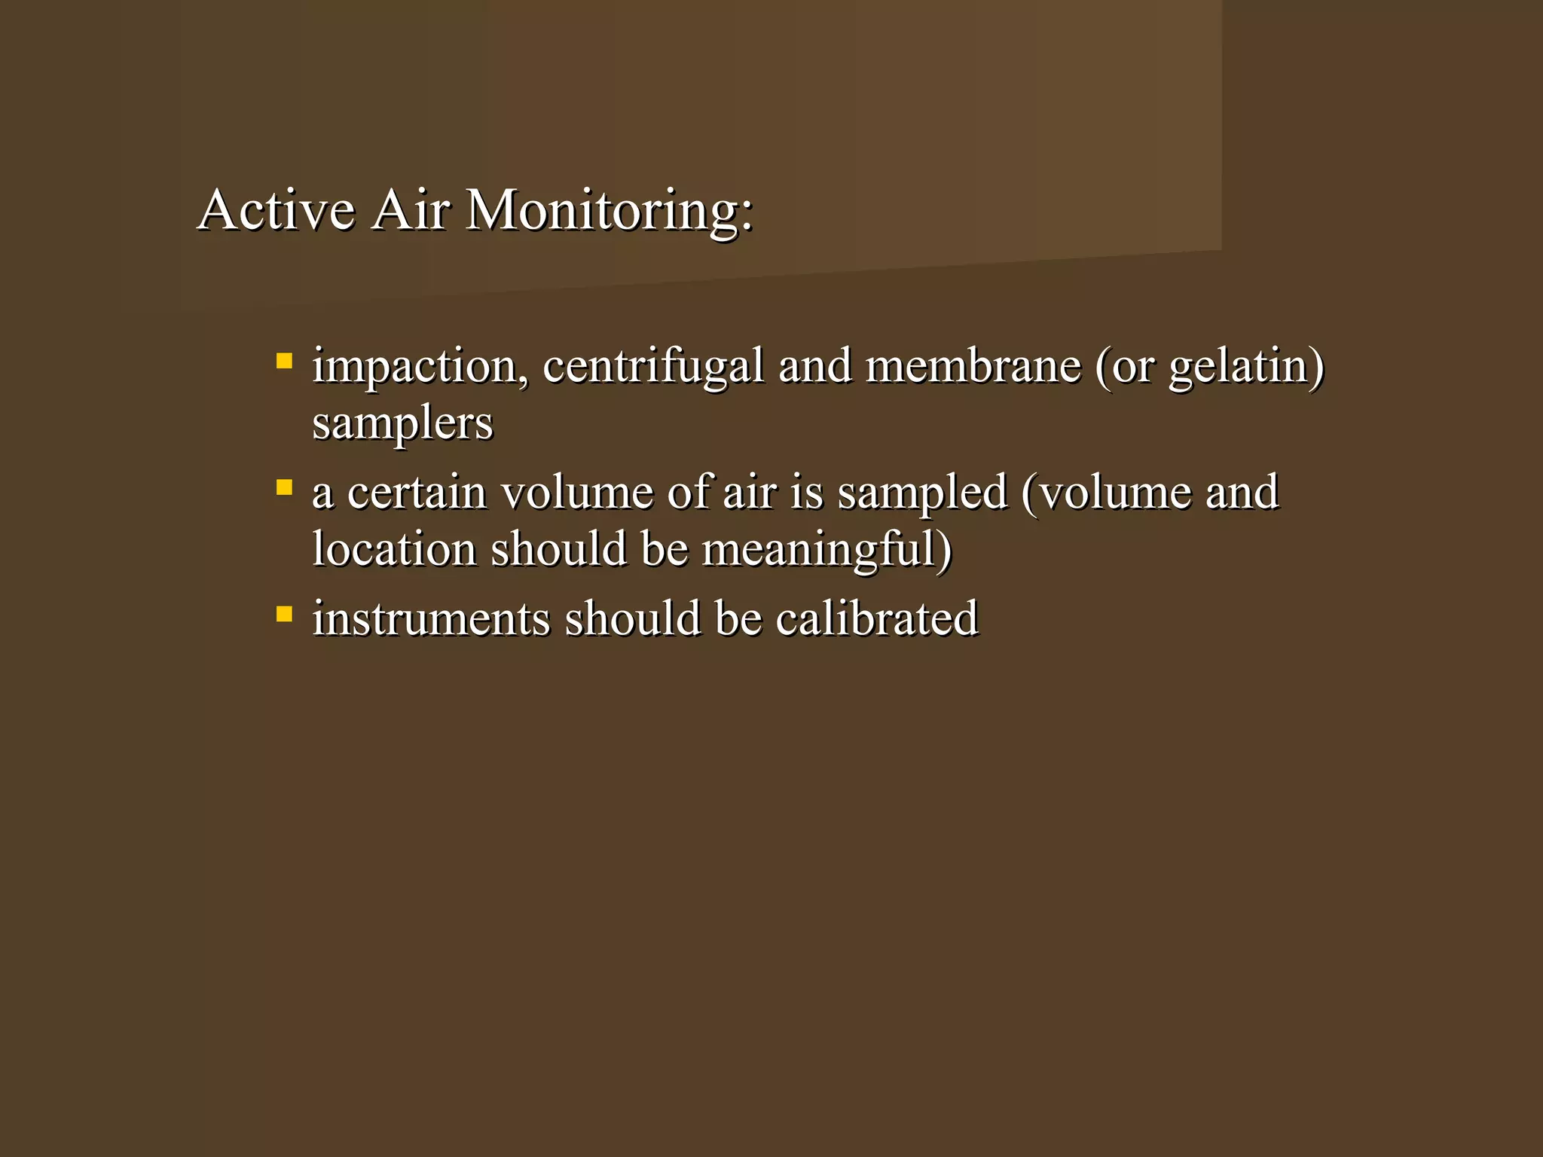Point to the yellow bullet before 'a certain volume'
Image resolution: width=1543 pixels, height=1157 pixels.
(284, 487)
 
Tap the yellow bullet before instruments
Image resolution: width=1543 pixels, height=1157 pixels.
(284, 614)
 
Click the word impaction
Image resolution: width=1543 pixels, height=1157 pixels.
(415, 368)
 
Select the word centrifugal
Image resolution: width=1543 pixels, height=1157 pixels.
(652, 368)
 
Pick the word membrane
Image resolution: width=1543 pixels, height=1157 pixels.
(973, 366)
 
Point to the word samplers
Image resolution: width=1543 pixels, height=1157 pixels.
(402, 424)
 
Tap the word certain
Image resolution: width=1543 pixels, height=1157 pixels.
(417, 493)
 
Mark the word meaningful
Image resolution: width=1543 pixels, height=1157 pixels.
(820, 551)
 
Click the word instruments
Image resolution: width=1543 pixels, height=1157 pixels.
(431, 619)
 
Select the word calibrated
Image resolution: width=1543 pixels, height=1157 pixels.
(877, 619)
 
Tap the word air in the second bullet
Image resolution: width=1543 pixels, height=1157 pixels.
(749, 493)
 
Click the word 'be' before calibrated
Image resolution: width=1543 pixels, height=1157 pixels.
(738, 619)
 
